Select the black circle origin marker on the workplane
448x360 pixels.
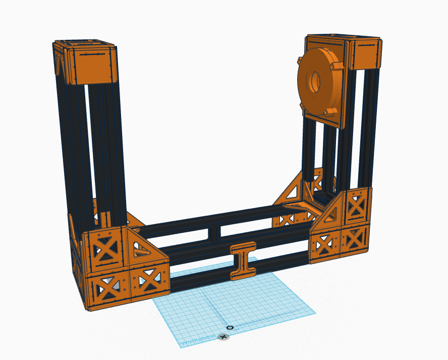pyautogui.click(x=230, y=328)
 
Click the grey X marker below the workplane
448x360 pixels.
pyautogui.click(x=223, y=336)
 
